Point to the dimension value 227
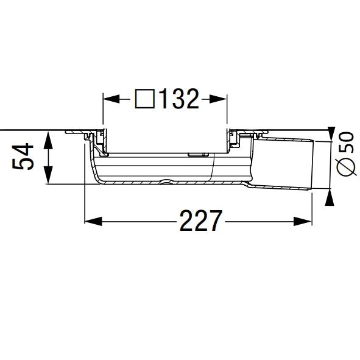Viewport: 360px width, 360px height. click(x=199, y=221)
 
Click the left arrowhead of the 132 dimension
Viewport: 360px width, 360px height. click(x=108, y=97)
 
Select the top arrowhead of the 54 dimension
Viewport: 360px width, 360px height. click(x=49, y=136)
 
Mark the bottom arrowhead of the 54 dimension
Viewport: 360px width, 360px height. click(x=49, y=180)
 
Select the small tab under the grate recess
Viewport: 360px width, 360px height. click(x=196, y=155)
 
